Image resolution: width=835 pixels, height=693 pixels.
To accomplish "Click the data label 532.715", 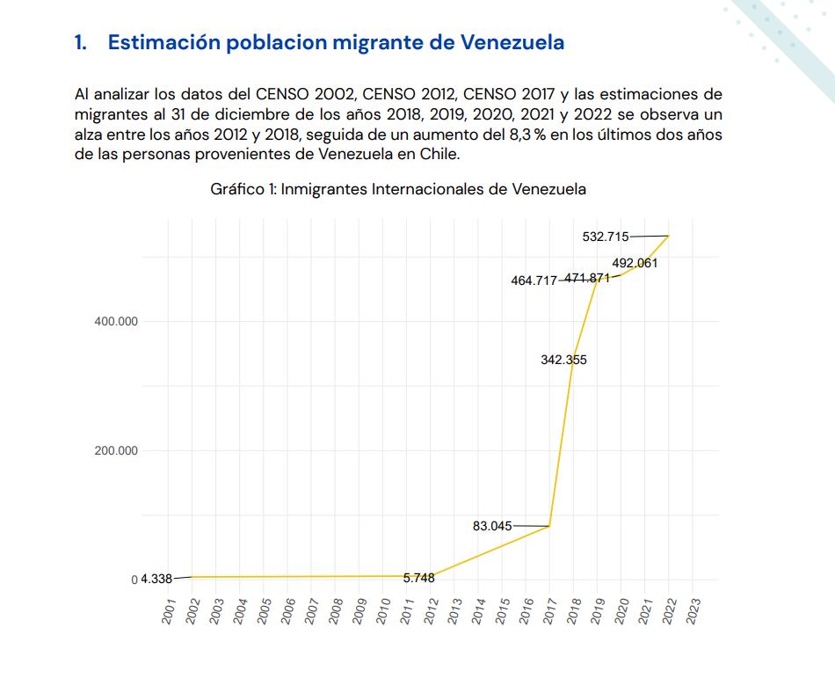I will click(605, 236).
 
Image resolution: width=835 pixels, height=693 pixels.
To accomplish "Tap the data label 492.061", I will click(635, 262).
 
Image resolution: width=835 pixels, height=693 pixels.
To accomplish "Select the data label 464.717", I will click(534, 281).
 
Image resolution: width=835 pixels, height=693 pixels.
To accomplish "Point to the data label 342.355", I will click(563, 360).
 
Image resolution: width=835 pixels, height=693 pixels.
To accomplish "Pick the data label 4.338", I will click(156, 579).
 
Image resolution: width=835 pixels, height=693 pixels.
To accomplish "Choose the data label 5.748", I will click(418, 578).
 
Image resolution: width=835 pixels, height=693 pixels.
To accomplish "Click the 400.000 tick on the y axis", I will click(116, 321).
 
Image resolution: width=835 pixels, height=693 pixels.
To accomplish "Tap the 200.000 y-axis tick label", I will click(116, 451).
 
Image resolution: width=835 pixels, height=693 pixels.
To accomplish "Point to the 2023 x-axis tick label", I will click(693, 610).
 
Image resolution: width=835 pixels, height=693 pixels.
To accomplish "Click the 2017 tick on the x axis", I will click(550, 610).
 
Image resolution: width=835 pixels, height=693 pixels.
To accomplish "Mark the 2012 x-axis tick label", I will click(432, 610).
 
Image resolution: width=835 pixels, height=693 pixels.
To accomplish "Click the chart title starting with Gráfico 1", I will click(398, 189).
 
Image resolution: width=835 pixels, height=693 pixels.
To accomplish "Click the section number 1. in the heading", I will click(82, 43).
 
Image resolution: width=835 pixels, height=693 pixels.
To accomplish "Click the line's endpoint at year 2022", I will click(669, 236).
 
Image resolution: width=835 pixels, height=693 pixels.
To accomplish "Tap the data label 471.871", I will click(587, 278).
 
